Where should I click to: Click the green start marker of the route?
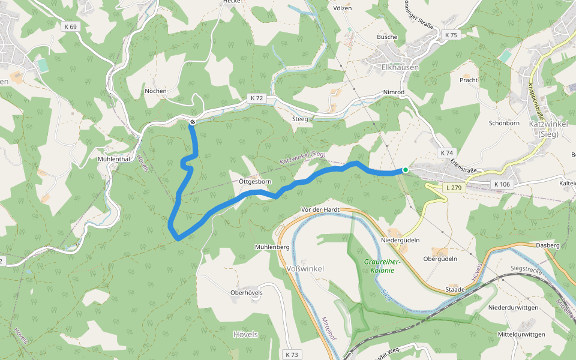[406, 170]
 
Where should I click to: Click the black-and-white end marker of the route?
[193, 122]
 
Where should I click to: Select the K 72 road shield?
[257, 98]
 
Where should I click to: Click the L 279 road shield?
[454, 188]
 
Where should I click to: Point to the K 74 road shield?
[446, 153]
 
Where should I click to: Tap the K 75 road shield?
[451, 35]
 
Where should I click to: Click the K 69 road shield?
[70, 26]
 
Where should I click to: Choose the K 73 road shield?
[292, 355]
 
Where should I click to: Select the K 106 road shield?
[502, 184]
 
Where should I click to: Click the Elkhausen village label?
[400, 67]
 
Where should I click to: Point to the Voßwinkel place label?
[305, 268]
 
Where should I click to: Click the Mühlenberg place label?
[272, 247]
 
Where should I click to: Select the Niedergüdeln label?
[400, 240]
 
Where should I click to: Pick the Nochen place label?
[155, 91]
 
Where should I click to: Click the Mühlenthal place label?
[114, 159]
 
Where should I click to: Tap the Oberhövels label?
[247, 293]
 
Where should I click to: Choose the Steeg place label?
[300, 119]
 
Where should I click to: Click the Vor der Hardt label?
[320, 209]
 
